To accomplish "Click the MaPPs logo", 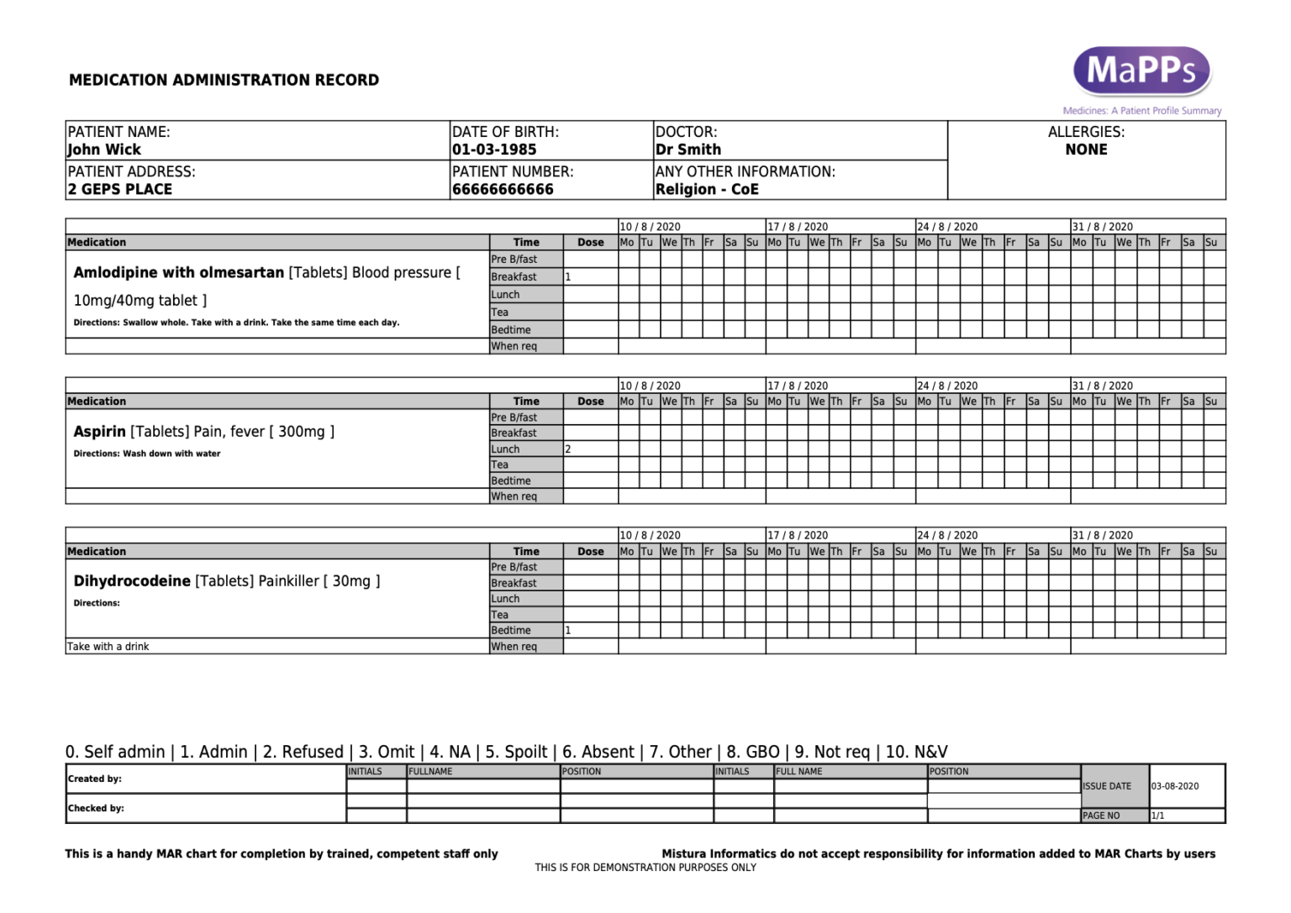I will click(1141, 71).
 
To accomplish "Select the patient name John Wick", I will click(104, 150).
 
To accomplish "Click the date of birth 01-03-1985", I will click(494, 150).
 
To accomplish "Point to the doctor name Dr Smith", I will click(688, 150).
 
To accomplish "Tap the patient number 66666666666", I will click(503, 189).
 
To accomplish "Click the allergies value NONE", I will click(1086, 150).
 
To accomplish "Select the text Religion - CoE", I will click(707, 189).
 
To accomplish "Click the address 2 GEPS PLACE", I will click(119, 189).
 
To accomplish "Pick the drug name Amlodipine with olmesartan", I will click(178, 273).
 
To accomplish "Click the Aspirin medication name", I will click(99, 432).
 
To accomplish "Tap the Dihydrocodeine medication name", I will click(132, 581).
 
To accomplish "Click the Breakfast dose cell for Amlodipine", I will click(590, 276).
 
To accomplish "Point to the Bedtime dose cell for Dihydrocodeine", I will click(590, 630).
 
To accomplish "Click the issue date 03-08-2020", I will click(1175, 786).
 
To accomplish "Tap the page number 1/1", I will click(1157, 816).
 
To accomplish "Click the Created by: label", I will click(95, 779).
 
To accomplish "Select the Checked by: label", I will click(96, 808).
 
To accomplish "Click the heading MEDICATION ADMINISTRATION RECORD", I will click(224, 81).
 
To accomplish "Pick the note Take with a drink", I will click(108, 647).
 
